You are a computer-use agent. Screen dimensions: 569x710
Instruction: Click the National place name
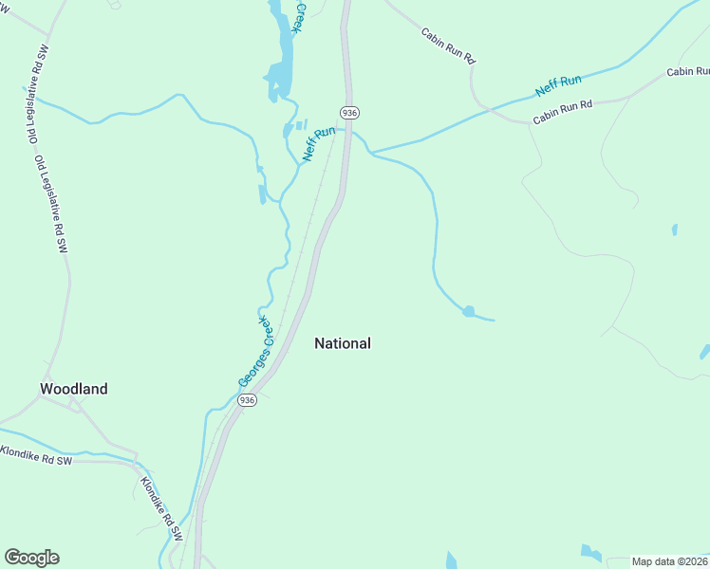[343, 343]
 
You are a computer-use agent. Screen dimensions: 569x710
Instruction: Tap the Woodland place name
[73, 389]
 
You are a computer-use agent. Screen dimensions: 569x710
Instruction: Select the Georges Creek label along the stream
[255, 351]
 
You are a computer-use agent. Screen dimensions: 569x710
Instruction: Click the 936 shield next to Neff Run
[350, 112]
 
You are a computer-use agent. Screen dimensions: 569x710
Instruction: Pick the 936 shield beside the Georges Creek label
[248, 400]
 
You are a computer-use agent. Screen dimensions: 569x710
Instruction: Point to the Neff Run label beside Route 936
[319, 143]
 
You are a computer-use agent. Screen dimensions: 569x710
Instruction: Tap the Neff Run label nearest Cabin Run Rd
[558, 85]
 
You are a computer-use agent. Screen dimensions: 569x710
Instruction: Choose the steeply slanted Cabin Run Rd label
[448, 46]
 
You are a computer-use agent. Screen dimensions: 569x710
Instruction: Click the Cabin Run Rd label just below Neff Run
[562, 111]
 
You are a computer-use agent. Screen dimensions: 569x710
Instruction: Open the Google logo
[31, 558]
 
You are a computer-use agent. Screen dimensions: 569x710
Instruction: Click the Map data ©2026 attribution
[669, 561]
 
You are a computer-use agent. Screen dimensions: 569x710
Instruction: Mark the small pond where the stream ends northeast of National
[468, 311]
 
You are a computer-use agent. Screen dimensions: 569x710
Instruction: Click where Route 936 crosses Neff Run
[348, 131]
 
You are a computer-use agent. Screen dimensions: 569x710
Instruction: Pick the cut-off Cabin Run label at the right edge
[687, 72]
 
